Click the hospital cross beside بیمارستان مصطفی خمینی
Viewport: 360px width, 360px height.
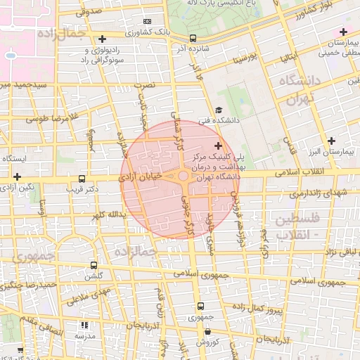343,32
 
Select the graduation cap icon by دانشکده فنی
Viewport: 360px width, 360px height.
219,110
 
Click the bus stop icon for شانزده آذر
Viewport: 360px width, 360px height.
193,39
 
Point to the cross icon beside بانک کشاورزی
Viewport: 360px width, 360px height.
103,38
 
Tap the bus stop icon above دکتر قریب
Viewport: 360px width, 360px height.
82,179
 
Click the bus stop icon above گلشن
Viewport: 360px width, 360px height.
94,266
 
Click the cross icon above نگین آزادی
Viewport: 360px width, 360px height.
17,176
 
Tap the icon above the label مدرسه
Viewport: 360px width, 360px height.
86,326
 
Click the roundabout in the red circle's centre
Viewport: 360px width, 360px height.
183,176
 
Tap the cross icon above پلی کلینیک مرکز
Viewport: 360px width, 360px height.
217,145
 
